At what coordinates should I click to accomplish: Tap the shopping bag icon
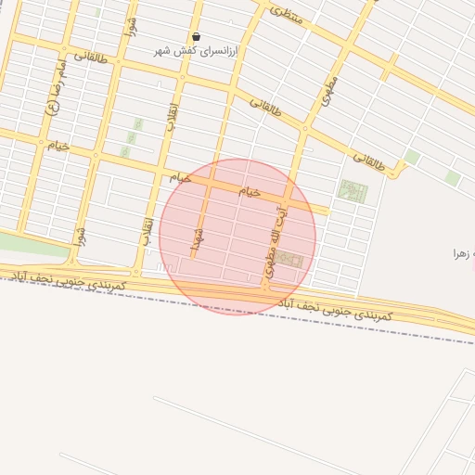196,36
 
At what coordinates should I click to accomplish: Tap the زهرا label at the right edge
463,253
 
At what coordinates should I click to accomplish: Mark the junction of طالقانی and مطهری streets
304,129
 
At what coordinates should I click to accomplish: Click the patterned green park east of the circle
353,192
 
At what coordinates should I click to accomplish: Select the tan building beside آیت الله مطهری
289,260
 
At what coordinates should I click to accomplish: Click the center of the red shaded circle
237,237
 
